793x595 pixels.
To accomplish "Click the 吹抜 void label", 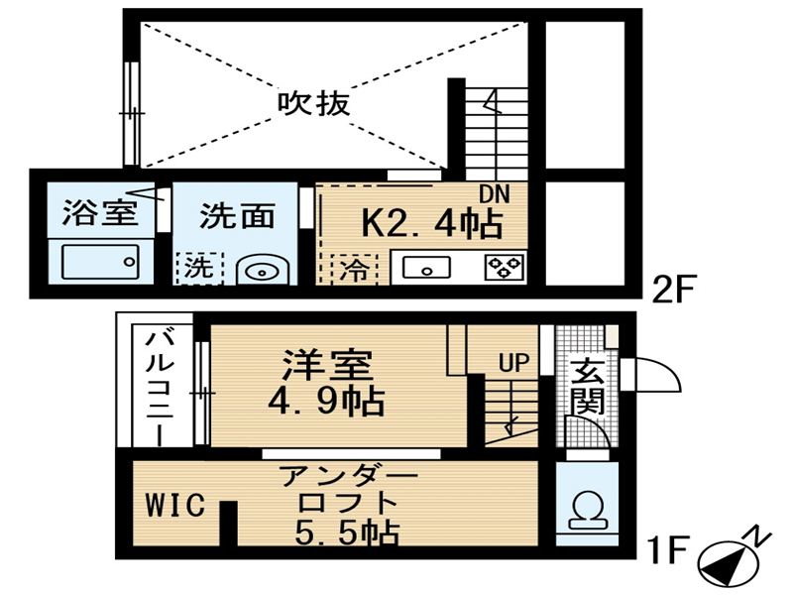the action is pos(314,104).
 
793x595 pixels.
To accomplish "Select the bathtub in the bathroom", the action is pos(100,262).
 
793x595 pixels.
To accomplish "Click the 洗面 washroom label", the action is pos(237,216).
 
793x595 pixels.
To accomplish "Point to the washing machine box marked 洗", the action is pos(200,268).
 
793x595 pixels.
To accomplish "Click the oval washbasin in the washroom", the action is pos(262,272).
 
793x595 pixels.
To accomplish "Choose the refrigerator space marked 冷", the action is pos(354,269).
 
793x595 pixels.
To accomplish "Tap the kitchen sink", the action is pos(426,268).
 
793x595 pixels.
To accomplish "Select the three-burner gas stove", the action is pos(505,268).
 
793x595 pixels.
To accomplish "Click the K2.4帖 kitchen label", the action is pos(432,224).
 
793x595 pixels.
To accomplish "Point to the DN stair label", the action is pos(494,194).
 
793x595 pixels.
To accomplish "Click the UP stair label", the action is pos(513,362).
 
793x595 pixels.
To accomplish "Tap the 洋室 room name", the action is pos(328,364).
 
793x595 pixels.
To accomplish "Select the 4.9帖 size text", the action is pos(326,402).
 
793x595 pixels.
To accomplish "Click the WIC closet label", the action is pos(175,505).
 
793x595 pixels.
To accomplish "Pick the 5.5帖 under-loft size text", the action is pos(348,533).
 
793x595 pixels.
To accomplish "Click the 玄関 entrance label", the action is pos(588,386).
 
